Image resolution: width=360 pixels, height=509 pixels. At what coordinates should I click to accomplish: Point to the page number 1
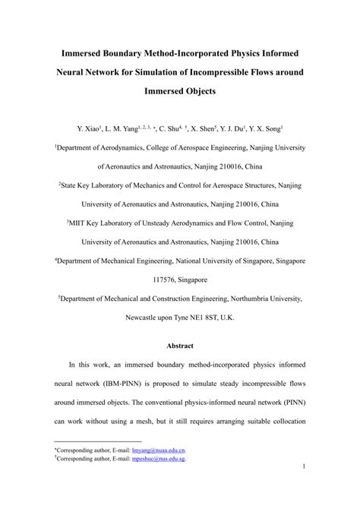302,487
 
